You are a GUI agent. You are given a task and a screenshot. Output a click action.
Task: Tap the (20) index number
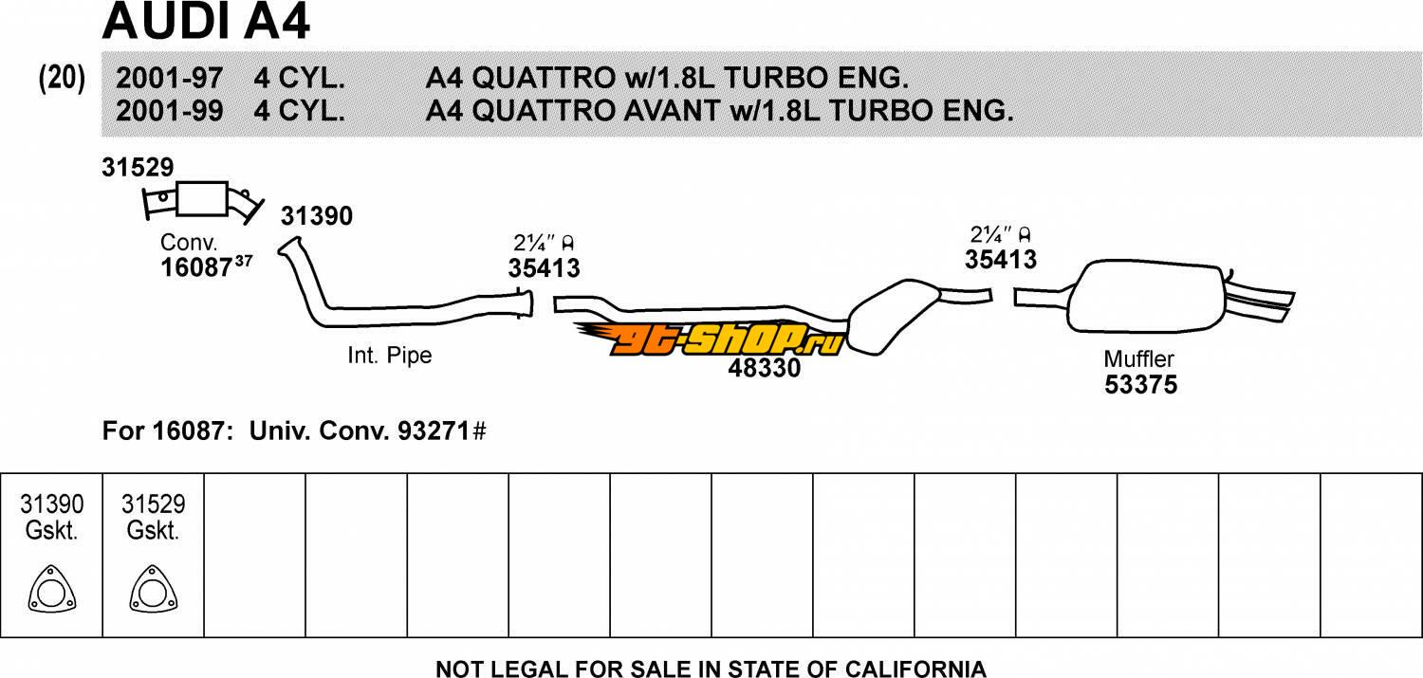62,79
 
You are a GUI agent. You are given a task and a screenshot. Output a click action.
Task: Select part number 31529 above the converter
138,167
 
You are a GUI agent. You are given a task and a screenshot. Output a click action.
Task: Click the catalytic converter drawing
202,201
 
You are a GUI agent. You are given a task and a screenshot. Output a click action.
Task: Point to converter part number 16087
197,267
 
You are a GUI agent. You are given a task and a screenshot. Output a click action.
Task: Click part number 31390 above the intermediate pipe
316,216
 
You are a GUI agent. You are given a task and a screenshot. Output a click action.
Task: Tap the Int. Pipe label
389,355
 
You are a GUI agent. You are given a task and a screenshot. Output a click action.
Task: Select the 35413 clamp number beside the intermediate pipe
544,268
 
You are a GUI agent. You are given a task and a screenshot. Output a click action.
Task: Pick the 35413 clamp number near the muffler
1001,259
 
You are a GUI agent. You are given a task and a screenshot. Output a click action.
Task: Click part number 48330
765,368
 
